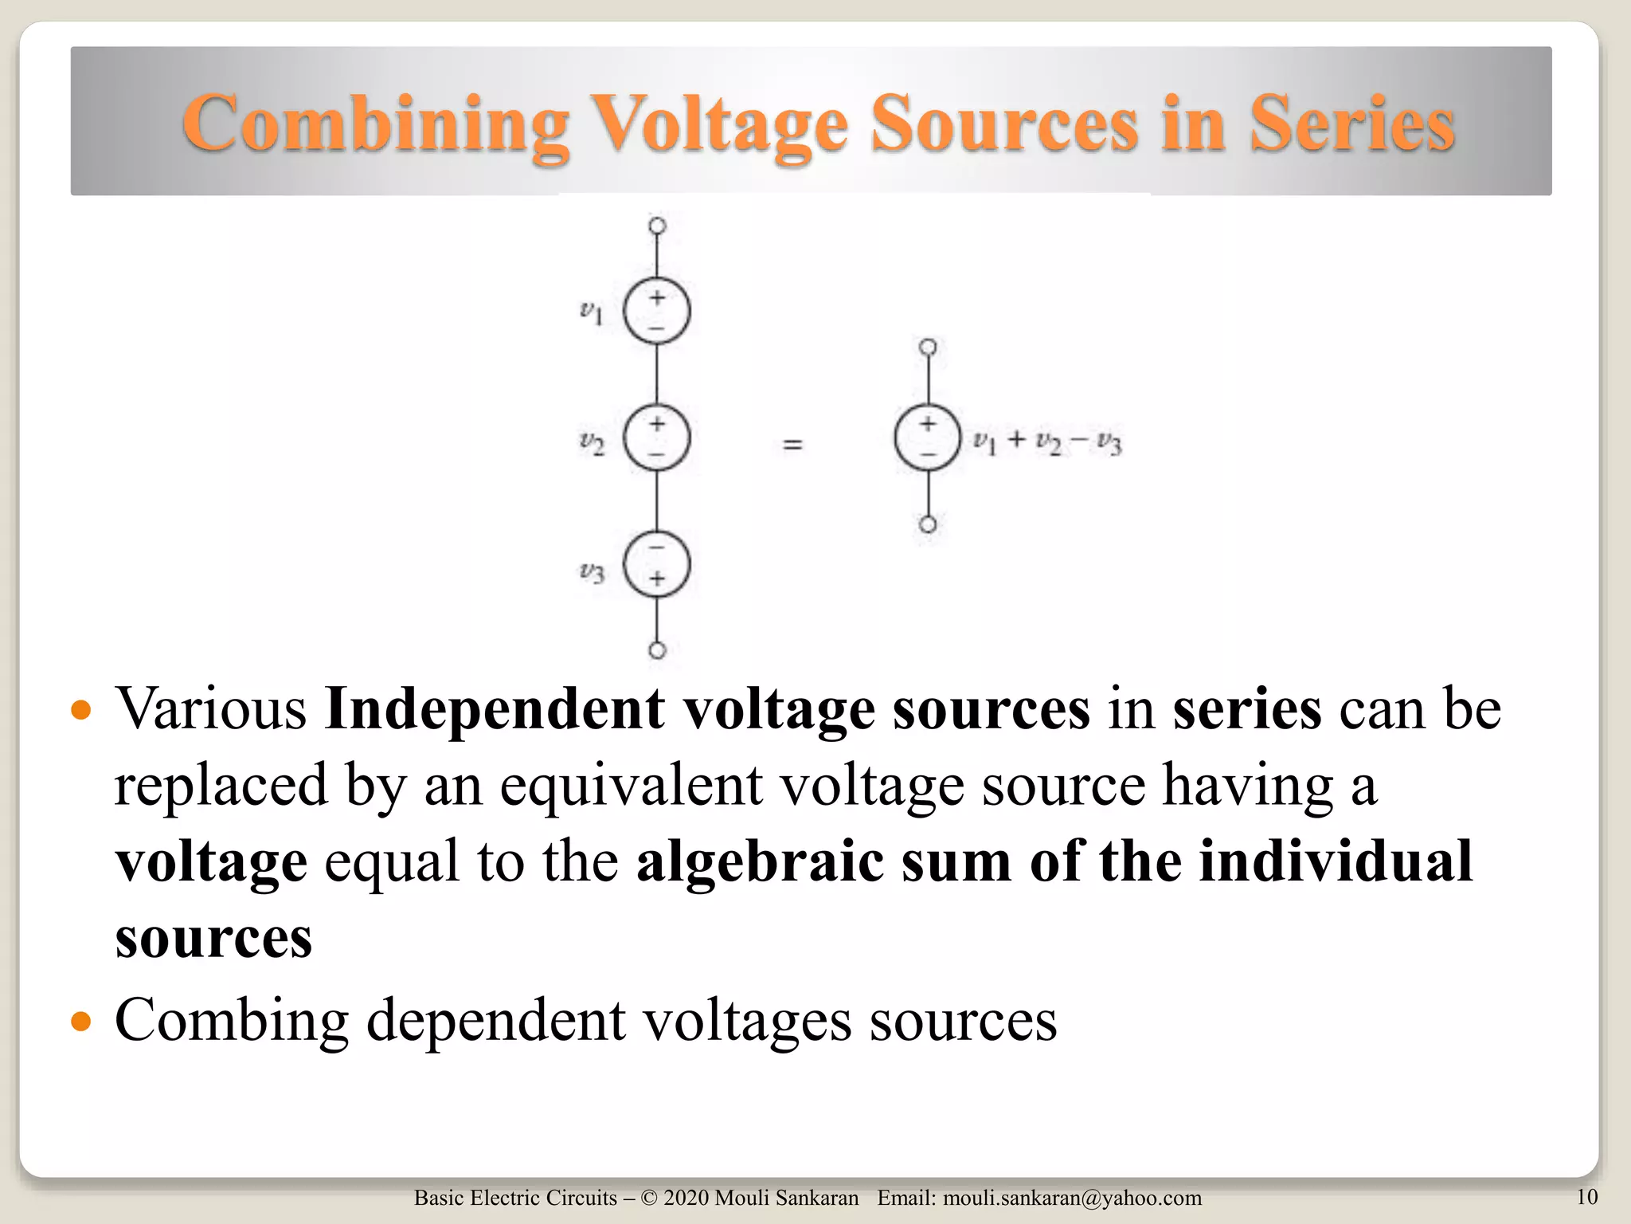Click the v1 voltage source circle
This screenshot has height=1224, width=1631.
656,311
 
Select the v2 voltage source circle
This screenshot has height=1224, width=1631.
656,437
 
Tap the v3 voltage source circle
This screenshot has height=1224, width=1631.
656,564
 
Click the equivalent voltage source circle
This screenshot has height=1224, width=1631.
927,438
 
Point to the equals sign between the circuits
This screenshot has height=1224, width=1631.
792,444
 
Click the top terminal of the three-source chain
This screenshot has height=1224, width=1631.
657,226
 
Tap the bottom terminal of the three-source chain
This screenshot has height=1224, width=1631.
657,650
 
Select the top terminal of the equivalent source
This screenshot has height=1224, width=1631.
928,347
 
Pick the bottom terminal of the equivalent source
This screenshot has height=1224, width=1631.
928,524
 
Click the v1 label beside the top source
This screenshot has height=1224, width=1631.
591,312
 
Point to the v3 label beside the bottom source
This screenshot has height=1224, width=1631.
592,571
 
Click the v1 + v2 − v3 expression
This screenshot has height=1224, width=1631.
1047,441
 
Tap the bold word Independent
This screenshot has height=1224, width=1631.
495,708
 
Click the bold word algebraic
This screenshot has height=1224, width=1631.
760,861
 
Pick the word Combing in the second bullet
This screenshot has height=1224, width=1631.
232,1020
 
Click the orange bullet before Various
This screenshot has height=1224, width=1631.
81,709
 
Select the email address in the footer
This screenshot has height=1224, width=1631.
1072,1198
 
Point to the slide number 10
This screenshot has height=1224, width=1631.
1586,1196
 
